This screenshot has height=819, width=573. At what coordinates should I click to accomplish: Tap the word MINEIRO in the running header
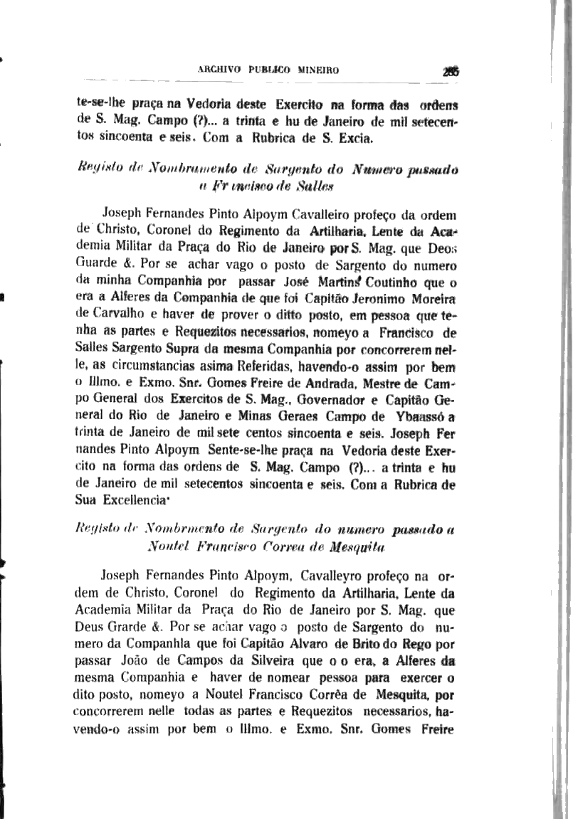tap(317, 70)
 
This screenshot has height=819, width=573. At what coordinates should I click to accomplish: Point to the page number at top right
tap(449, 70)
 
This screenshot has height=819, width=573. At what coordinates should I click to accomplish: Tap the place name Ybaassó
tap(419, 416)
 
